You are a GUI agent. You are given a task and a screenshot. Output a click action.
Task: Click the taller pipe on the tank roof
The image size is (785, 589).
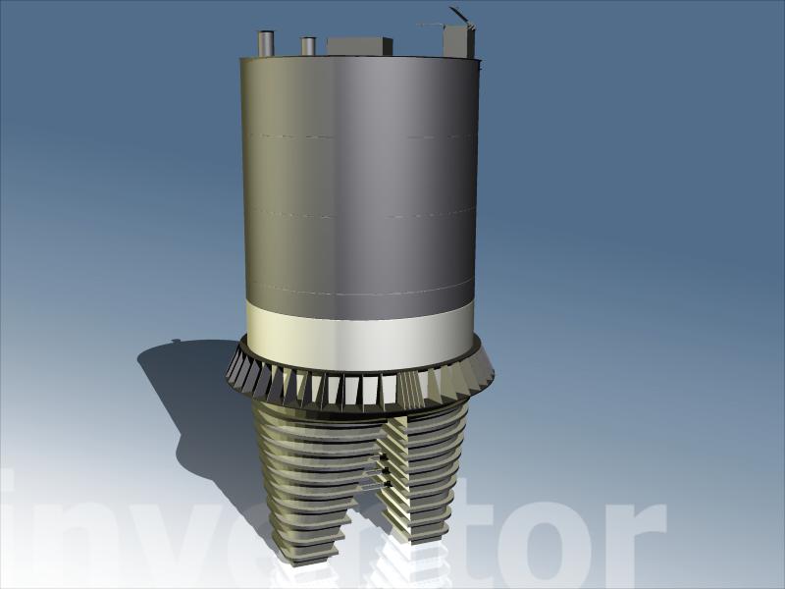click(266, 43)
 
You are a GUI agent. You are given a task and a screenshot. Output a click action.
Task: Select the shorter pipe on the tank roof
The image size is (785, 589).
click(308, 45)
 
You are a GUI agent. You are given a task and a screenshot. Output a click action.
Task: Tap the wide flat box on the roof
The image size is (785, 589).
click(359, 45)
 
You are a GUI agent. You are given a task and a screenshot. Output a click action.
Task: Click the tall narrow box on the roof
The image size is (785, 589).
click(458, 40)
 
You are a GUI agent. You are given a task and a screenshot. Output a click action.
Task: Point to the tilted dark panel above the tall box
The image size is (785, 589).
click(459, 15)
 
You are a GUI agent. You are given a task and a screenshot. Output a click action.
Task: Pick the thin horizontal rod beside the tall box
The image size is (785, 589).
click(430, 24)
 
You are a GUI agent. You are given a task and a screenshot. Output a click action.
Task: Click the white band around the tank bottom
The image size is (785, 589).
click(360, 335)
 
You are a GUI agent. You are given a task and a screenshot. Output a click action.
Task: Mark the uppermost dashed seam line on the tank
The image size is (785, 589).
click(359, 136)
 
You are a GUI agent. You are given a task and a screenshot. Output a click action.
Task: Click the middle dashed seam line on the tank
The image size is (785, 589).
click(359, 214)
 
